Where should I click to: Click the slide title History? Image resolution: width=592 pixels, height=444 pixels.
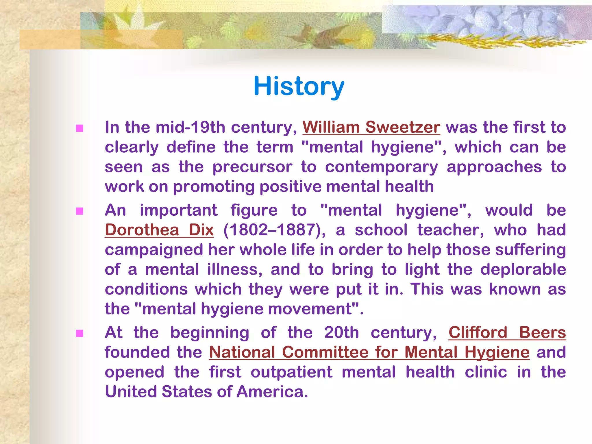[299, 86]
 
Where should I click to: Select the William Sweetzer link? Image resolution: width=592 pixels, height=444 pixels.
[371, 127]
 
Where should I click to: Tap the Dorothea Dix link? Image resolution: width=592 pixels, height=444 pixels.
[159, 230]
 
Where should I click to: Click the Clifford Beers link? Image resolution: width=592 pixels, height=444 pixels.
[507, 332]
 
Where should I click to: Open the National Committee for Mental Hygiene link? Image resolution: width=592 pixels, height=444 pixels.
[369, 352]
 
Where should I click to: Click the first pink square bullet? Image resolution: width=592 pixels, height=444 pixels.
[79, 128]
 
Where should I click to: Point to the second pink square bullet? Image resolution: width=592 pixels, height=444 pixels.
[79, 211]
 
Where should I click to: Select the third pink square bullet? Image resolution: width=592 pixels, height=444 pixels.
[79, 334]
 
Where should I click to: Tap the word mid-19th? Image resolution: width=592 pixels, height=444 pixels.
[190, 127]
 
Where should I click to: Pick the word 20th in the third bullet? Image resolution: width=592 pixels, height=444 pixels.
[341, 332]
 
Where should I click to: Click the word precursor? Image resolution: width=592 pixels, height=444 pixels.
[252, 167]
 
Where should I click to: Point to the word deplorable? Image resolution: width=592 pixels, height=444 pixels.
[523, 269]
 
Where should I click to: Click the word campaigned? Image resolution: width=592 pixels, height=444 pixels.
[154, 250]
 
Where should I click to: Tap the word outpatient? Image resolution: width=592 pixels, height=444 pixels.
[291, 372]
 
